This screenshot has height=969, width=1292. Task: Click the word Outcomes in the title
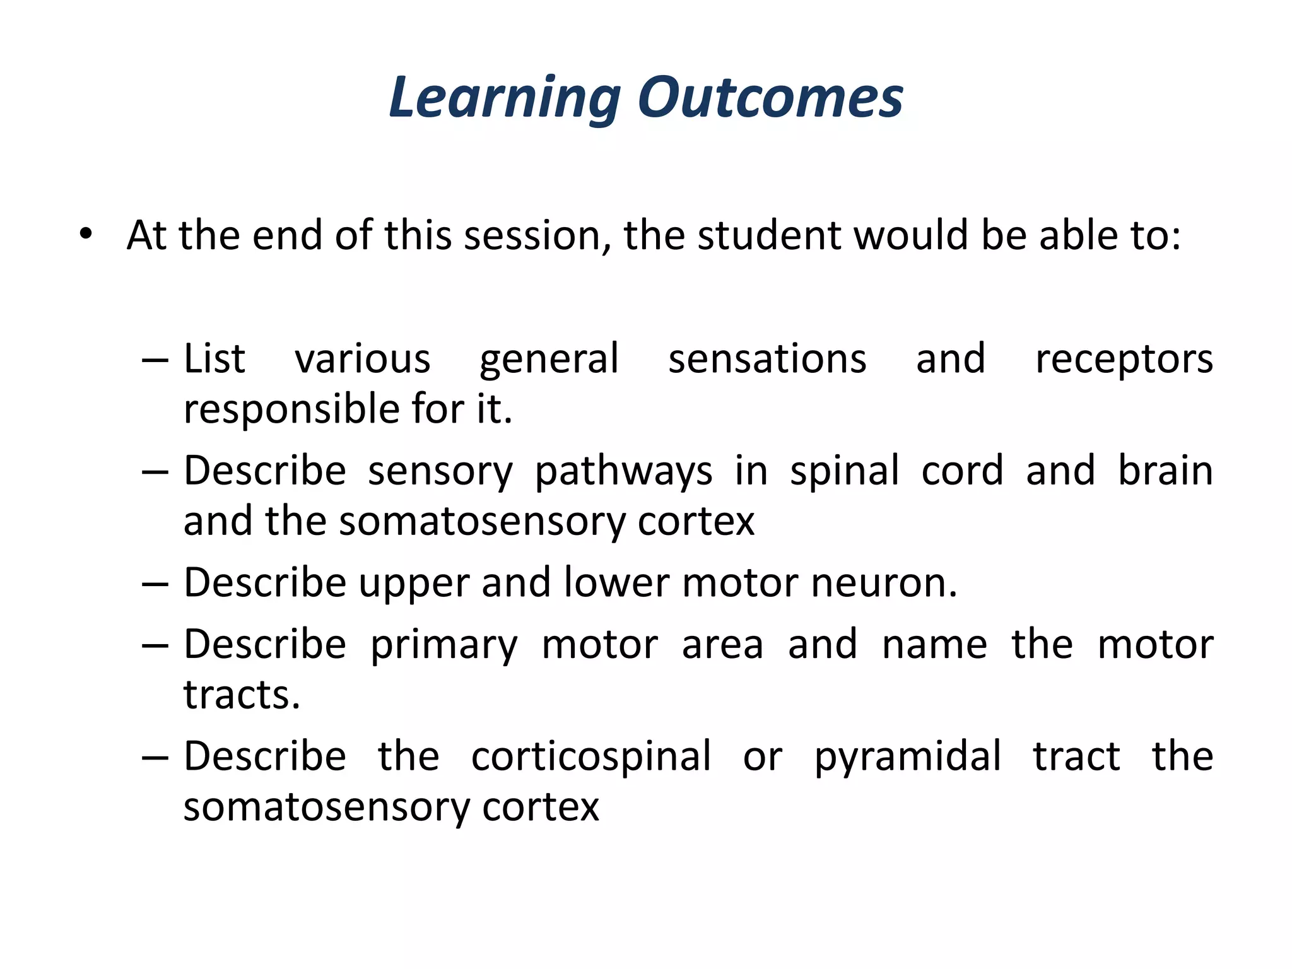pyautogui.click(x=770, y=98)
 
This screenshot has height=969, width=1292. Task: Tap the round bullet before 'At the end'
pyautogui.click(x=86, y=235)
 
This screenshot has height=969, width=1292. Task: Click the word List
pyautogui.click(x=214, y=359)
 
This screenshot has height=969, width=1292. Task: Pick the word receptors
pyautogui.click(x=1124, y=359)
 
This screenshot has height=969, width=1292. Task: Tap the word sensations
pyautogui.click(x=767, y=359)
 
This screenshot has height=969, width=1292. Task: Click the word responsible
pyautogui.click(x=291, y=409)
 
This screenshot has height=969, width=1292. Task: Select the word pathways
pyautogui.click(x=623, y=471)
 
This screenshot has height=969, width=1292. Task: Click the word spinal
pyautogui.click(x=844, y=471)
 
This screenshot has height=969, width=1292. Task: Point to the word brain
pyautogui.click(x=1165, y=471)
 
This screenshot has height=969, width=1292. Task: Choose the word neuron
pyautogui.click(x=883, y=582)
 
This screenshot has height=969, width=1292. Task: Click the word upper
pyautogui.click(x=413, y=584)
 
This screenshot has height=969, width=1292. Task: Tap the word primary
pyautogui.click(x=443, y=645)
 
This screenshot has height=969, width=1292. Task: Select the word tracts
pyautogui.click(x=241, y=695)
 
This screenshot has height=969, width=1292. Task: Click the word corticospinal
pyautogui.click(x=591, y=756)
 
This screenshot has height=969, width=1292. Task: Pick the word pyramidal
pyautogui.click(x=907, y=756)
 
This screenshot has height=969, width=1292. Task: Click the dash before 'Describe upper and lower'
pyautogui.click(x=155, y=584)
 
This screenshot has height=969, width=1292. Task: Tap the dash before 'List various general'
pyautogui.click(x=155, y=361)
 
